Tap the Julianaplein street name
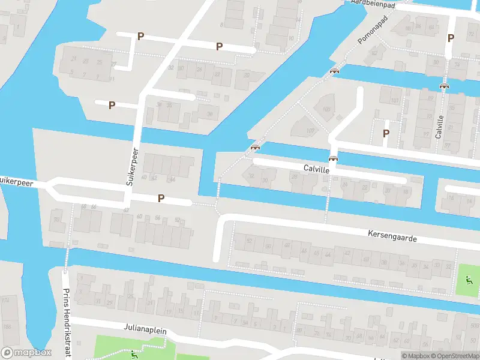(145, 330)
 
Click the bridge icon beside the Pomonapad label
(334, 71)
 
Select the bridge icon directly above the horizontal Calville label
(332, 159)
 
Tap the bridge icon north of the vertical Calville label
(444, 86)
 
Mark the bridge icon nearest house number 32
(256, 148)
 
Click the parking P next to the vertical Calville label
(386, 133)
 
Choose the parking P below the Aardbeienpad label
(451, 38)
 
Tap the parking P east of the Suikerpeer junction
(161, 198)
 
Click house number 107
(310, 131)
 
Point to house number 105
(326, 109)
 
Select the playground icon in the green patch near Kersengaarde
(469, 279)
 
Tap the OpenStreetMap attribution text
(454, 356)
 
